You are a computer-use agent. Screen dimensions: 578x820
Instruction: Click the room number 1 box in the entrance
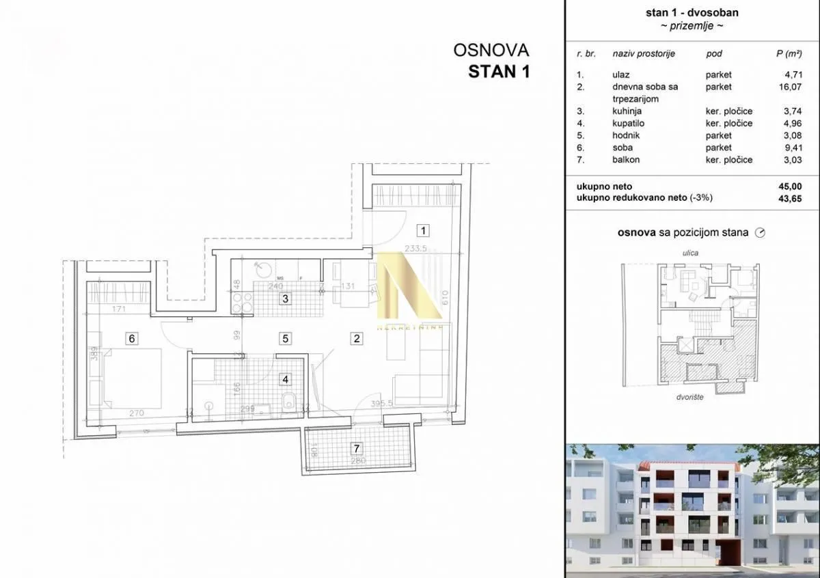click(424, 230)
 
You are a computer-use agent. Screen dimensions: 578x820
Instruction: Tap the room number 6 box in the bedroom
click(133, 338)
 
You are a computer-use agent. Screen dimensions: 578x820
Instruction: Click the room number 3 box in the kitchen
click(286, 298)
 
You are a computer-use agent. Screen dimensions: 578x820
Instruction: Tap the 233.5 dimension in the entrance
click(415, 249)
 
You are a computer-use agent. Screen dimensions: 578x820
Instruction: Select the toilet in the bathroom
click(289, 401)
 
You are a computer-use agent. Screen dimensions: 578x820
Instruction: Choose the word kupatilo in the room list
click(628, 124)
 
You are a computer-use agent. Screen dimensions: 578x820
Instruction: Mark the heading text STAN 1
click(498, 72)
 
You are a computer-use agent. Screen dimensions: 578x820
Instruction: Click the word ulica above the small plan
click(691, 253)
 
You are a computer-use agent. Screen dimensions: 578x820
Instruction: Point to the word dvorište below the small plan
click(692, 397)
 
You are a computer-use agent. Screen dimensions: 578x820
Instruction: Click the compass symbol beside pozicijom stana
click(760, 233)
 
